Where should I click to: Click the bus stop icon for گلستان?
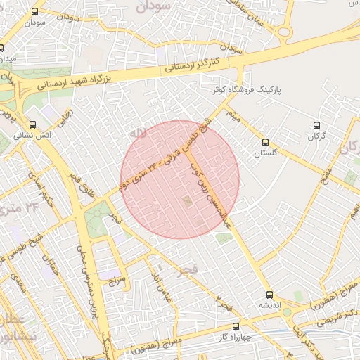[x=264, y=141]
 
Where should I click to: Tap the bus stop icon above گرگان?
[x=316, y=125]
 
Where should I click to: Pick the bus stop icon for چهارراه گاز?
[x=235, y=326]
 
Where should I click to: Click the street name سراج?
[x=116, y=279]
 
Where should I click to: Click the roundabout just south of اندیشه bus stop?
[x=287, y=311]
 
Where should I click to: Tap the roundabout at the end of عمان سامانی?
[x=284, y=32]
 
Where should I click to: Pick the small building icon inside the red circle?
[x=186, y=202]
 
